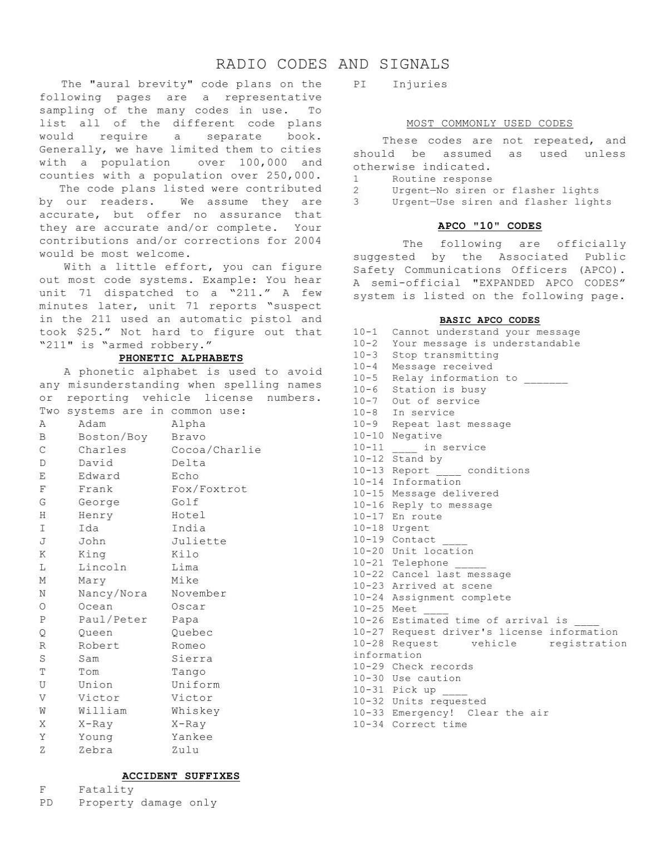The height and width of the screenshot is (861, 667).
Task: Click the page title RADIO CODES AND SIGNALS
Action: [332, 64]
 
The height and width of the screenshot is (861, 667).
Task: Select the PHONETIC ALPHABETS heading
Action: [181, 358]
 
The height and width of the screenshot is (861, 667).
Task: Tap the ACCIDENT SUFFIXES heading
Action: [181, 776]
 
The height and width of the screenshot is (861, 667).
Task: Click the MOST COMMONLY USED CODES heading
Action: [489, 123]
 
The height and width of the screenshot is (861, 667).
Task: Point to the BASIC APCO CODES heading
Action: [489, 320]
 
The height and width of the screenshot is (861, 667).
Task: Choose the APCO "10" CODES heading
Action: [489, 226]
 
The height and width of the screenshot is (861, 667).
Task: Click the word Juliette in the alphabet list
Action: [198, 541]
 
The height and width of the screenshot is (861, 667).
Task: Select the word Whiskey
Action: [195, 711]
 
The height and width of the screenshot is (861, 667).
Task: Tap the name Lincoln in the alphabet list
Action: [102, 568]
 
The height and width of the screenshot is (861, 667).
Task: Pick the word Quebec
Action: [192, 633]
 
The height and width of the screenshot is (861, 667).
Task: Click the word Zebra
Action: [95, 750]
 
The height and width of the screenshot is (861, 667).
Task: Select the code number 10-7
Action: [365, 401]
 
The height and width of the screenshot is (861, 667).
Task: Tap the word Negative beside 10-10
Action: [417, 436]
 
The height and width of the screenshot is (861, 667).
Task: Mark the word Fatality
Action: [106, 790]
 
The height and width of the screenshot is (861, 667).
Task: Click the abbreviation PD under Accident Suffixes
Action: [46, 803]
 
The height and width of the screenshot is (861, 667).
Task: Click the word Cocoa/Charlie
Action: [216, 450]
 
